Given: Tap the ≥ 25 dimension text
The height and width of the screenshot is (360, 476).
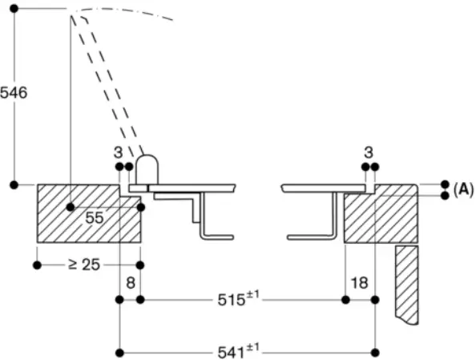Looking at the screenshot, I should [84, 264].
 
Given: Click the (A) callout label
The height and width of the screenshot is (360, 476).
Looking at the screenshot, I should [462, 189].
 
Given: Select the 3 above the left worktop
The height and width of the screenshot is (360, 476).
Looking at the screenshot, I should [118, 151].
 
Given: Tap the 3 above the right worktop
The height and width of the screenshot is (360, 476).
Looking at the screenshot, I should [369, 151].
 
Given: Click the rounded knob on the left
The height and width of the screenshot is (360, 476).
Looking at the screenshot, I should [146, 171].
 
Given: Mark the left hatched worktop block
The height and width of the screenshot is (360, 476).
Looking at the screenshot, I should [80, 212].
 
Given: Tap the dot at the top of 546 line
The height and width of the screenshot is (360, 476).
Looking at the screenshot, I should [14, 9].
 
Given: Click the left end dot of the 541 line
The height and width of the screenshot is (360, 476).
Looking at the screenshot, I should [119, 352].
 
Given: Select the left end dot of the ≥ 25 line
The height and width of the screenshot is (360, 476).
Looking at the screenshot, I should [37, 265].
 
